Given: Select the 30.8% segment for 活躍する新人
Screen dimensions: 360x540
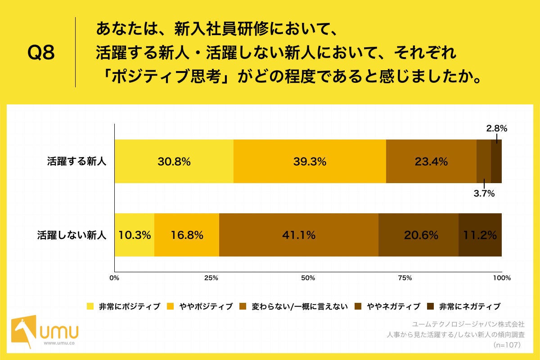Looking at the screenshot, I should coord(174,162).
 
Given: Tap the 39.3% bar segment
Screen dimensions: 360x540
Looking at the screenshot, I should coord(310,162).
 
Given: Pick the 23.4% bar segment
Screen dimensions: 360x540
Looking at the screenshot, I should coord(431,162).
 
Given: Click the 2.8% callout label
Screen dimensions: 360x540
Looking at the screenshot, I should coord(496,129).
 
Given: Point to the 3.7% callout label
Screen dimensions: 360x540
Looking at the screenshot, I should coord(484,194).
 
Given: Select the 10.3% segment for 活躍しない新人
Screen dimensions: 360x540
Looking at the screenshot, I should coord(134,235).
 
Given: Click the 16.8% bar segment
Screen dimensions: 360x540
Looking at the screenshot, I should coord(187,235).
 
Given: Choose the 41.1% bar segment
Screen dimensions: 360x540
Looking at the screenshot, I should coord(298,235).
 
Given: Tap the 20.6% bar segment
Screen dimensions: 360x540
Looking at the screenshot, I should coord(418,235).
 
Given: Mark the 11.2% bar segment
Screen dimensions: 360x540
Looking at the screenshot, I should coord(480,235).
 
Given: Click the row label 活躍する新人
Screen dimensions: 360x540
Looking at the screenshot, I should coord(76,162).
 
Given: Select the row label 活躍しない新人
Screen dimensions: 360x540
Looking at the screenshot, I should coord(72,235).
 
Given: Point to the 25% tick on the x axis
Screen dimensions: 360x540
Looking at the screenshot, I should coord(211,278).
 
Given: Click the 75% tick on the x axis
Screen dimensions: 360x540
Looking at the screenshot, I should coord(405,278).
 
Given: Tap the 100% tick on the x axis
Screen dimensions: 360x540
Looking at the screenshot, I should coord(502,278).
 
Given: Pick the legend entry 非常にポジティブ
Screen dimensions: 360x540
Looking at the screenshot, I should coord(124,306).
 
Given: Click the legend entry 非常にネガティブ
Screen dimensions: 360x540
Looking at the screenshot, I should coord(464,306).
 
